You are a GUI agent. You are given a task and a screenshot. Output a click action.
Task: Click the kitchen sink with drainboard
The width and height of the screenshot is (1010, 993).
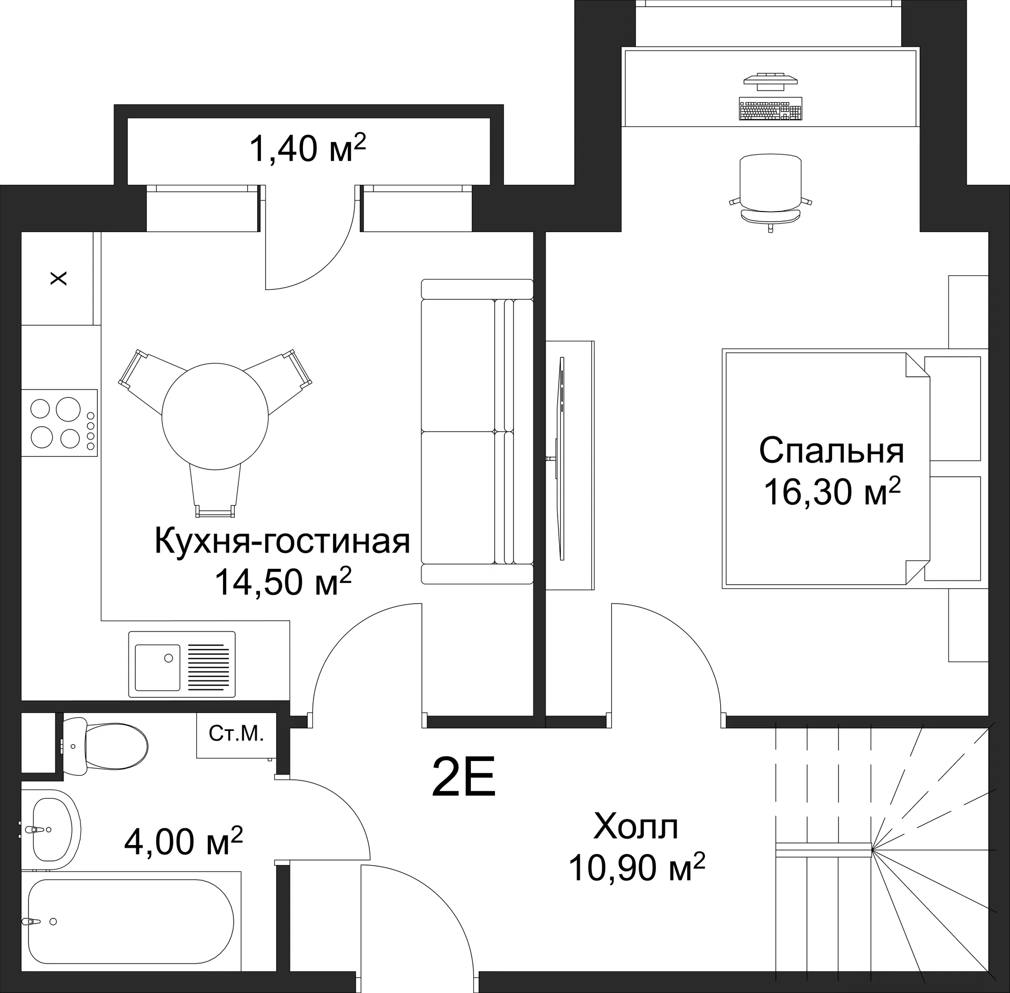pos(181,664)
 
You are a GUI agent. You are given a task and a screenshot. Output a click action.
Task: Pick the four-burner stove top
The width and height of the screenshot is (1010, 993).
pos(59,423)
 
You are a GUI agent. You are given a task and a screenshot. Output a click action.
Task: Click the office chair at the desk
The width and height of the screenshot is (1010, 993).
pos(770,189)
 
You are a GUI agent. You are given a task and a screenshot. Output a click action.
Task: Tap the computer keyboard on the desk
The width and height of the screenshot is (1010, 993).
pos(771,108)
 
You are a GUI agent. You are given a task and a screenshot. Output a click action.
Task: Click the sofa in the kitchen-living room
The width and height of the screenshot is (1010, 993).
pos(476,432)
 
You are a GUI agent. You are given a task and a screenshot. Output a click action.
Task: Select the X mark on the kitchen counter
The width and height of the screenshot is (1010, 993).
pos(58,278)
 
